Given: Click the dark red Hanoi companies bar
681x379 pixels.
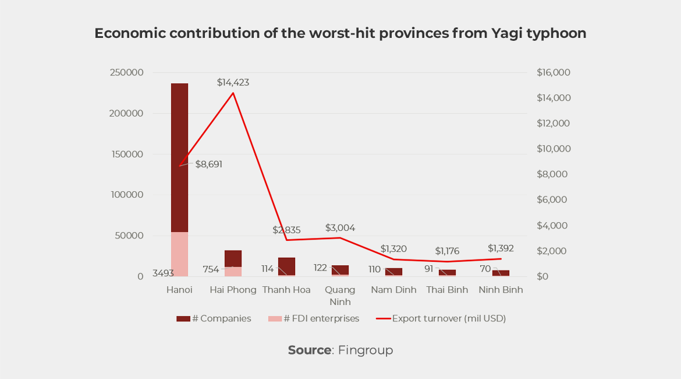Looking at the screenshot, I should (179, 157).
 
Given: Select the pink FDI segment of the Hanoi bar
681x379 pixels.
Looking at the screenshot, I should (179, 254).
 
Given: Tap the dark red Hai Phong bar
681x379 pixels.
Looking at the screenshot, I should (233, 258).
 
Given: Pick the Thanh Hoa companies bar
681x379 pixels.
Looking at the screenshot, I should (286, 266).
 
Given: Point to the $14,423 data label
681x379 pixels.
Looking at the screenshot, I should (233, 83).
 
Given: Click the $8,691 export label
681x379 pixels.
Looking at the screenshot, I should (208, 164).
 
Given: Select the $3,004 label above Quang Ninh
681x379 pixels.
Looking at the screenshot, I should (340, 228).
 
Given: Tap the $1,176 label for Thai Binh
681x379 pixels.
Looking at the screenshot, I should (447, 251).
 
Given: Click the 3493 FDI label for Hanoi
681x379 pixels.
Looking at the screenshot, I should (164, 273).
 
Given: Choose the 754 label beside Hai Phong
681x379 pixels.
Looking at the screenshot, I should (211, 269).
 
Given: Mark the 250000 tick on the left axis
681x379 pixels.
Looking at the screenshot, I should (127, 73).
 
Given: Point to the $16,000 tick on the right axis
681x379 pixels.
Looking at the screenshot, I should (553, 73).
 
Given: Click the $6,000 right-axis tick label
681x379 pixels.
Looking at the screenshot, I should (553, 200).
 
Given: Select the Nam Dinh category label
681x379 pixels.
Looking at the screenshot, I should (393, 290).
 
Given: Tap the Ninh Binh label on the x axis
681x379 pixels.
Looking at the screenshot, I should (501, 290).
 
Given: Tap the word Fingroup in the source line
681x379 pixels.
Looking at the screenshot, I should (366, 350).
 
